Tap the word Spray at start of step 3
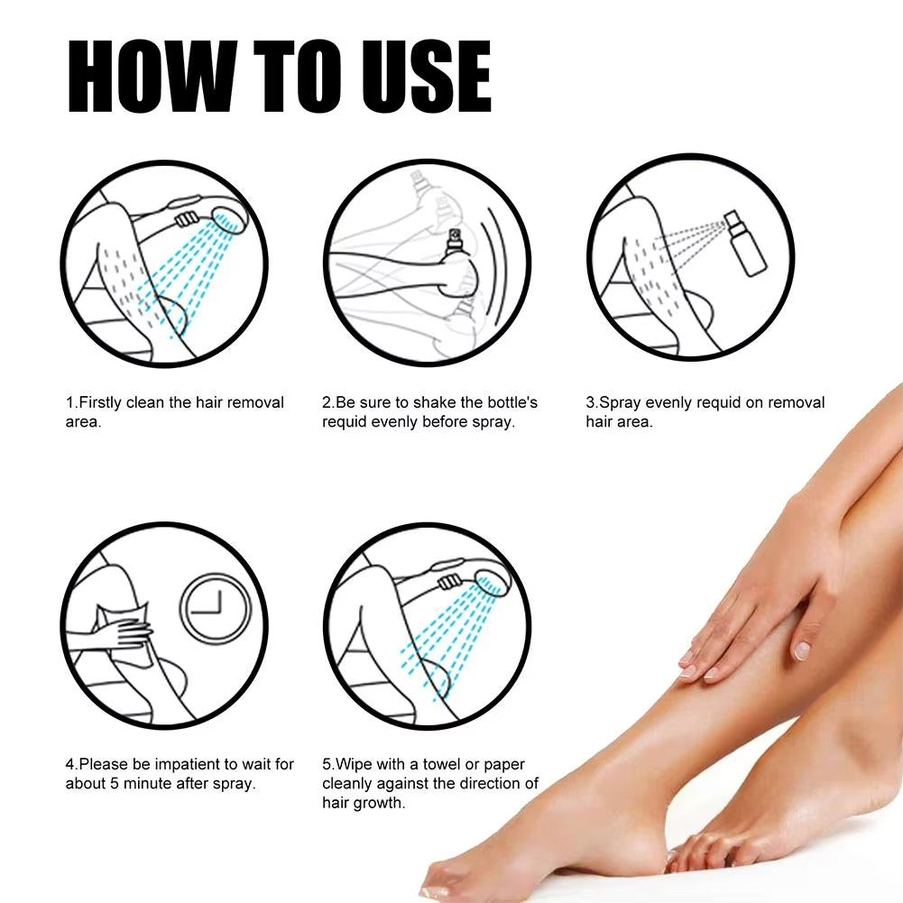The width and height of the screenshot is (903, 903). tap(621, 402)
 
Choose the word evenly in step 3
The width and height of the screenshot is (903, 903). tap(671, 402)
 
